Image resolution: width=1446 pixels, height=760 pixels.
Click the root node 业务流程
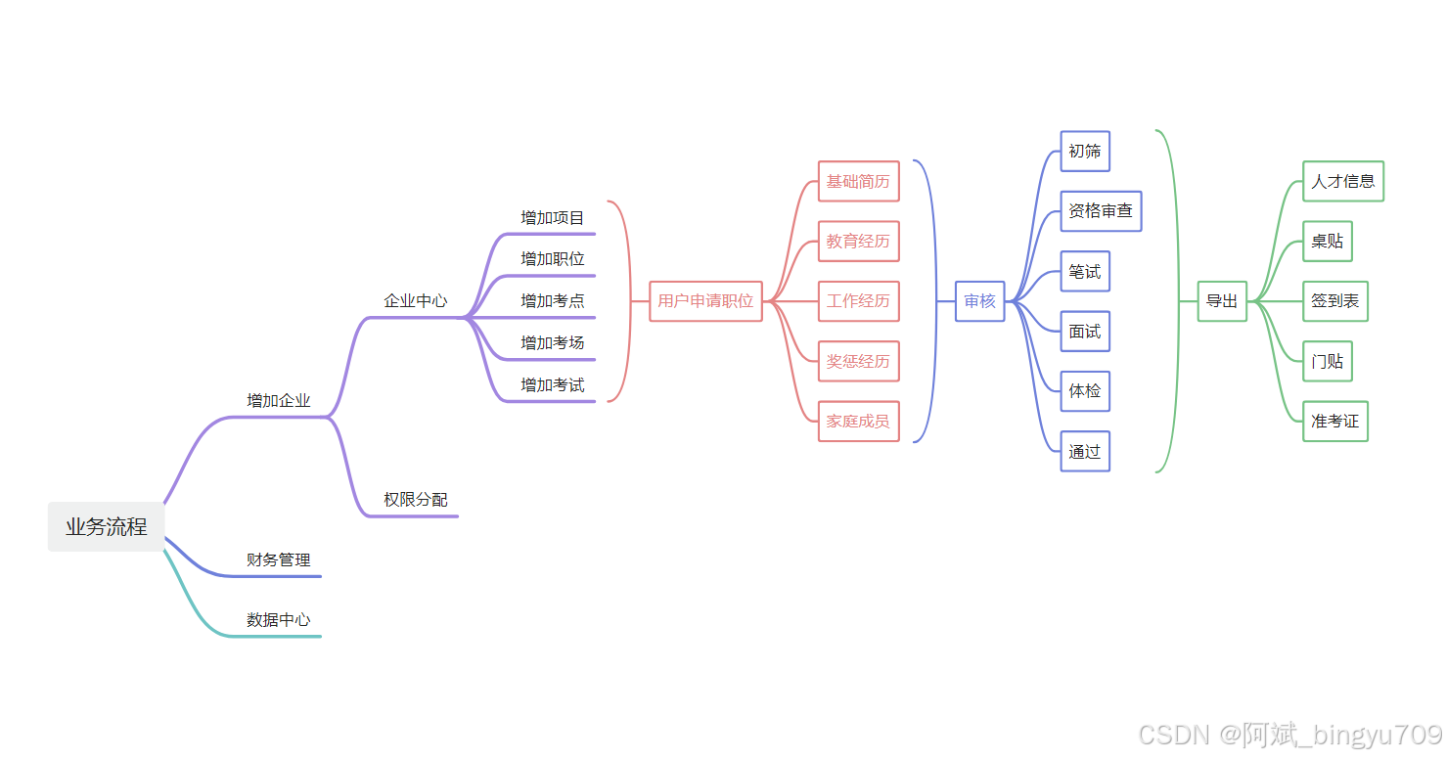pos(107,527)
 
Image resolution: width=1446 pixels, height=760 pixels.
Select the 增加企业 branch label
pos(279,401)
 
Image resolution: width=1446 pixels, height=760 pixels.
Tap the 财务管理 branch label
pos(279,560)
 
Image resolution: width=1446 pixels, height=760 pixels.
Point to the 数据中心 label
pos(279,620)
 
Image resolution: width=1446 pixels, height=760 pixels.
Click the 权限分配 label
pos(416,500)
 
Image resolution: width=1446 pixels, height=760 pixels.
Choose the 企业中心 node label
pos(416,301)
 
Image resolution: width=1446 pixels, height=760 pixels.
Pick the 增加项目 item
pos(553,218)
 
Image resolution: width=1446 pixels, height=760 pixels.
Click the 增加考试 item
pos(553,385)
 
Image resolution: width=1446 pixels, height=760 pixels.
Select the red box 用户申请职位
pos(705,301)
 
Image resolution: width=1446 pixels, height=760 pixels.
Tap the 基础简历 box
pos(858,182)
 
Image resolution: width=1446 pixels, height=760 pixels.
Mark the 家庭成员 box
pos(858,422)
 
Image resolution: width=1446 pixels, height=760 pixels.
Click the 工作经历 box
pos(858,301)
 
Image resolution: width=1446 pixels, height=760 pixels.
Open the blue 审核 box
pos(979,301)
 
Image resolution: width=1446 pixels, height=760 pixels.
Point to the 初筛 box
pos(1085,152)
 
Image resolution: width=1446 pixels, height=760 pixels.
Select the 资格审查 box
pos(1101,211)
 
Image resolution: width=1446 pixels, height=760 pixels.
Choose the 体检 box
pos(1085,391)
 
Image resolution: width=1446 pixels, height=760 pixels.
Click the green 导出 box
pos(1222,301)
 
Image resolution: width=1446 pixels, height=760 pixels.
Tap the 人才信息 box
pos(1343,182)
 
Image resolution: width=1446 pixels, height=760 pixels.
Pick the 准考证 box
pos(1335,422)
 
